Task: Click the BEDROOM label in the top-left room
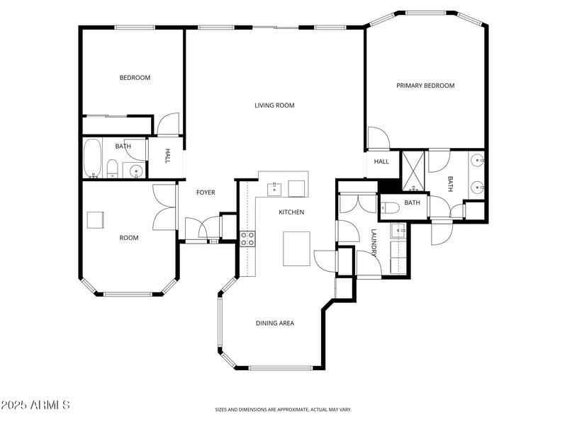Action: click(135, 78)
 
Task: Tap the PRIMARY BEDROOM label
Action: click(425, 86)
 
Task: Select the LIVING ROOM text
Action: click(274, 105)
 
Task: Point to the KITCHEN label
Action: click(291, 212)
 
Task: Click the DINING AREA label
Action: click(275, 323)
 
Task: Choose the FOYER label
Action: click(206, 193)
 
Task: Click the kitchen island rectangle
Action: click(296, 248)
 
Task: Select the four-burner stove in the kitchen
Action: click(247, 239)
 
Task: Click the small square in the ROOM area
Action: click(96, 219)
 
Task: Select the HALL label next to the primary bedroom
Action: click(381, 161)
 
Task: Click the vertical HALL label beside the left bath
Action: click(168, 156)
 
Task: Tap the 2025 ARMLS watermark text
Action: click(35, 406)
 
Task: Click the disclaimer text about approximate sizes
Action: click(283, 409)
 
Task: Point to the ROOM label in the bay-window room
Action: click(129, 238)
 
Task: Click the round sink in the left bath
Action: click(134, 170)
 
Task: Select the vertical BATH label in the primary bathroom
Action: click(449, 183)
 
